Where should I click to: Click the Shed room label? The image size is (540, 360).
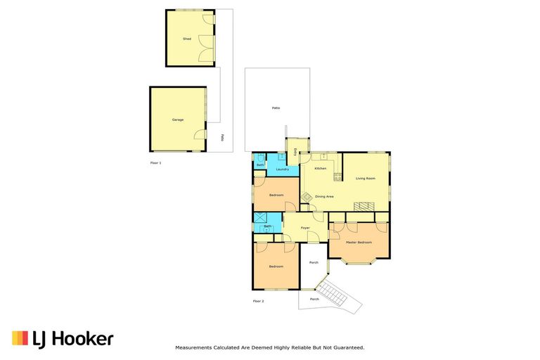pyautogui.click(x=186, y=39)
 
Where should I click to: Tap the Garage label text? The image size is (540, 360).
pyautogui.click(x=178, y=120)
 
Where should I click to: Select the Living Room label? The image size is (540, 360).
pyautogui.click(x=364, y=179)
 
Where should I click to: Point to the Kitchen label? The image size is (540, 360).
pyautogui.click(x=321, y=169)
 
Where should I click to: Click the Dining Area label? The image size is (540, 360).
pyautogui.click(x=324, y=197)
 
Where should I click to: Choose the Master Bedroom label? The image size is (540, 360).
pyautogui.click(x=359, y=242)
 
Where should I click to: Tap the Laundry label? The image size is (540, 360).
pyautogui.click(x=283, y=169)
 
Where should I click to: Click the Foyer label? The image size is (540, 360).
pyautogui.click(x=306, y=228)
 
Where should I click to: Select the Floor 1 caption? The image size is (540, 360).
pyautogui.click(x=155, y=163)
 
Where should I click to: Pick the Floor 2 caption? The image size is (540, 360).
pyautogui.click(x=258, y=301)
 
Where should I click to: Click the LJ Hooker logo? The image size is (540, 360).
pyautogui.click(x=63, y=339)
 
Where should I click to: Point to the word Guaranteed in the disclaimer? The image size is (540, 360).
pyautogui.click(x=347, y=347)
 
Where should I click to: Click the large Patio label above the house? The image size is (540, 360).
pyautogui.click(x=276, y=108)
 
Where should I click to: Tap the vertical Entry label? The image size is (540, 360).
pyautogui.click(x=295, y=151)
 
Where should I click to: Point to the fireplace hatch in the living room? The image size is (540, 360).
pyautogui.click(x=364, y=206)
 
